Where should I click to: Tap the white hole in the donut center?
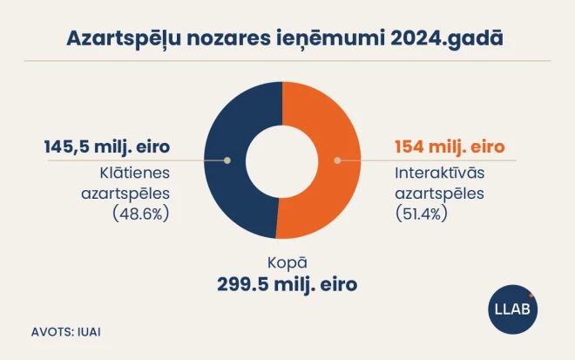tap(281, 160)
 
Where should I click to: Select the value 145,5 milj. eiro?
tap(106, 145)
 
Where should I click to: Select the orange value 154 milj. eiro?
tap(450, 146)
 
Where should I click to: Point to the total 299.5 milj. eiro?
tap(287, 284)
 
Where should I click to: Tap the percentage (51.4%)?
tap(423, 213)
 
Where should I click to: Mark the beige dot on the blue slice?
tap(227, 160)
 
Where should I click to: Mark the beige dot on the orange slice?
tap(336, 160)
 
